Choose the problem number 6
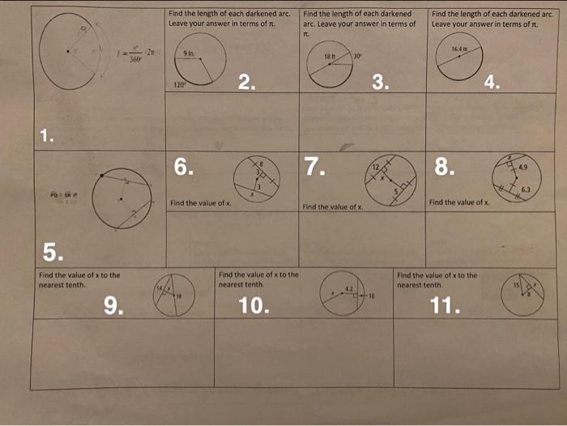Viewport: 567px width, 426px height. click(185, 167)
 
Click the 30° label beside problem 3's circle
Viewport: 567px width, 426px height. click(358, 56)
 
